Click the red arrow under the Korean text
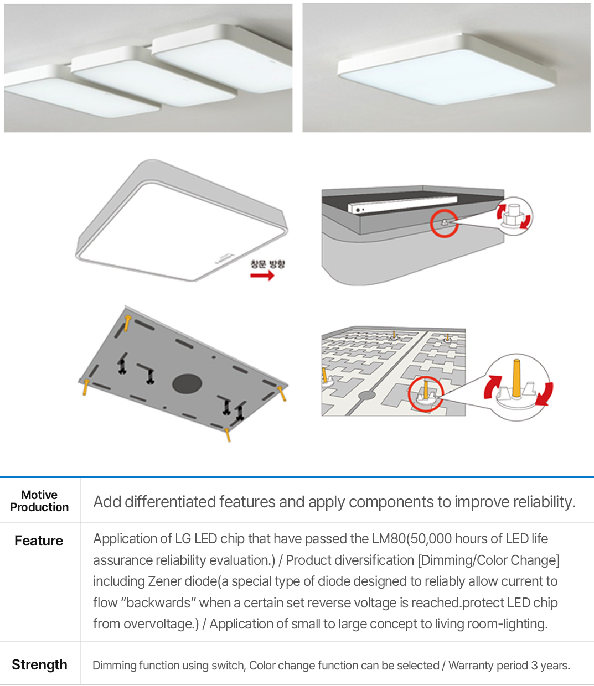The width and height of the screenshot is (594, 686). coord(262,275)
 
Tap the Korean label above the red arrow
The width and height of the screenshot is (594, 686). coord(267,264)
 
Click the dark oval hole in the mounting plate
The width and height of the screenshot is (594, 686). coord(187,384)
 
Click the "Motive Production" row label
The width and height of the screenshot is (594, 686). coord(39,501)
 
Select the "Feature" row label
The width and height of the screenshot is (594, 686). coord(39,541)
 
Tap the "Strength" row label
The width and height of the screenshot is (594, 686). coord(39,665)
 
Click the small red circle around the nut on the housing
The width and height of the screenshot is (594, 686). coord(445,224)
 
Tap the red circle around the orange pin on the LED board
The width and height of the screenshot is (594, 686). coord(426,394)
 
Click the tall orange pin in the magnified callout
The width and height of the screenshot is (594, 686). coord(516,378)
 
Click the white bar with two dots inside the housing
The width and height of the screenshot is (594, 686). coord(402,204)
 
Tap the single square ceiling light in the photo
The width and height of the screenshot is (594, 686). coord(447,69)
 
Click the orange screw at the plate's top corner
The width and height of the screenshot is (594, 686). coord(127,323)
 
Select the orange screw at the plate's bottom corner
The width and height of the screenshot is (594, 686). coord(228,435)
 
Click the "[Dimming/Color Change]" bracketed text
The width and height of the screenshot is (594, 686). coord(489,560)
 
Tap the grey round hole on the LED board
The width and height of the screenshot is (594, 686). coord(366,395)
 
